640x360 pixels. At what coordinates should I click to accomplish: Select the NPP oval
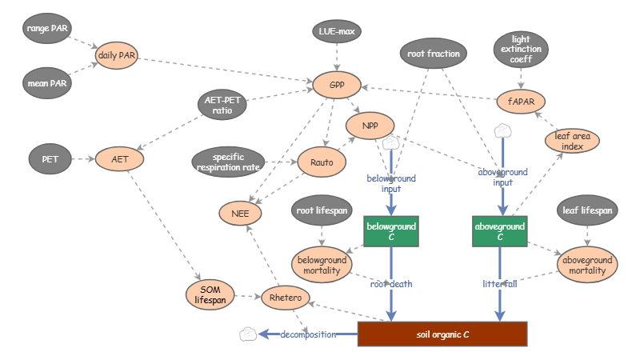point(370,125)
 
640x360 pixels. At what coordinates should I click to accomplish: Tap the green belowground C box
point(391,231)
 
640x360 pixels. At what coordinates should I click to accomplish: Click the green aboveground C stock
point(500,231)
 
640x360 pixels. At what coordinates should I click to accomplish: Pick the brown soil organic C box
point(442,334)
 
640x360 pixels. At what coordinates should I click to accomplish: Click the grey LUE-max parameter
point(337,32)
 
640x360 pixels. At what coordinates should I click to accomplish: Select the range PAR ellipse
point(46,29)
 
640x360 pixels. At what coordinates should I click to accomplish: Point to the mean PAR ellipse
point(46,81)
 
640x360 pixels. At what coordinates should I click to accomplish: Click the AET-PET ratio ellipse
point(223,105)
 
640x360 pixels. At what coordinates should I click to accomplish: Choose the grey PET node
point(50,159)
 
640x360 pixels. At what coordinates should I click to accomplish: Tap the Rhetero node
point(285,298)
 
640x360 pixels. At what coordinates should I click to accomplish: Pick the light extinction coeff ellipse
point(522,49)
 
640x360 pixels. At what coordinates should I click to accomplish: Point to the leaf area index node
point(572,141)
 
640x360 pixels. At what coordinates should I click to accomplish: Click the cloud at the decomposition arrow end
point(248,334)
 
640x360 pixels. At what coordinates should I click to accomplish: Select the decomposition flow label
point(308,334)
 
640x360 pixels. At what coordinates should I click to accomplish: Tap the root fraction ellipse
point(434,54)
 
